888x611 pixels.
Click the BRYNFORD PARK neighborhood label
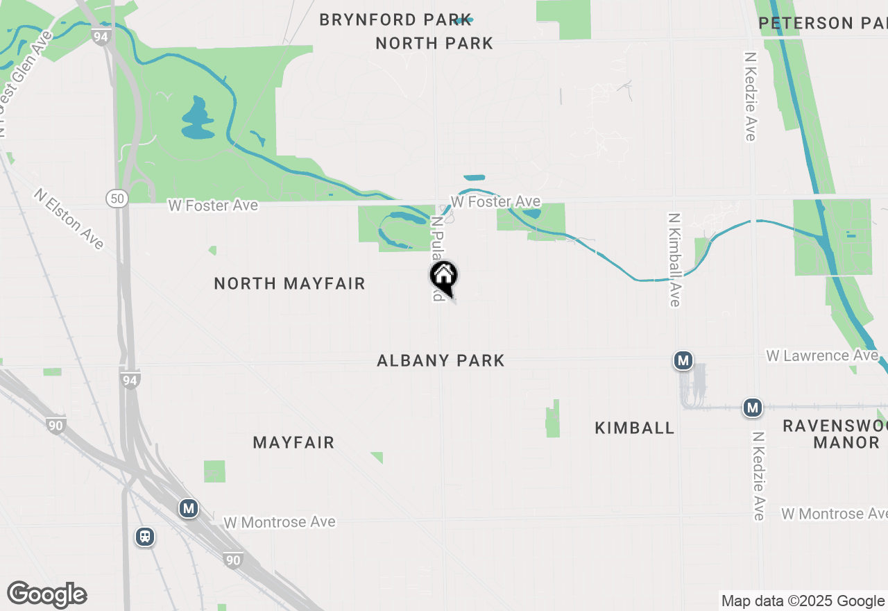click(x=395, y=20)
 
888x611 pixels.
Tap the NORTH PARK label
click(x=434, y=43)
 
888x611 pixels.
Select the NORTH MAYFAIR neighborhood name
click(x=289, y=283)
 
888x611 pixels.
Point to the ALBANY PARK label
click(x=441, y=360)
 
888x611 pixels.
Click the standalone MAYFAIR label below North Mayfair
click(x=293, y=442)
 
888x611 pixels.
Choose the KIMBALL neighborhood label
click(x=634, y=428)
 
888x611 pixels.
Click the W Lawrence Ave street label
click(x=821, y=355)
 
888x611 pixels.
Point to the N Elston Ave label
click(x=69, y=218)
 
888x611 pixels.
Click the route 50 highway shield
click(x=117, y=199)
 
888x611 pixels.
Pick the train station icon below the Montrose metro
click(x=145, y=537)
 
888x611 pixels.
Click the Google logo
click(x=47, y=595)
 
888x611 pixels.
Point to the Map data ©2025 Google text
click(x=803, y=601)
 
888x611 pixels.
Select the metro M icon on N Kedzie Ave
click(x=753, y=408)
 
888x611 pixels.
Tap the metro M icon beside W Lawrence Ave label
click(x=683, y=360)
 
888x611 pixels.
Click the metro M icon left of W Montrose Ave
click(x=188, y=508)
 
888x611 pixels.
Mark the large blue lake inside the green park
click(x=197, y=118)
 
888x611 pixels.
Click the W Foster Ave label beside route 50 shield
click(x=213, y=206)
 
